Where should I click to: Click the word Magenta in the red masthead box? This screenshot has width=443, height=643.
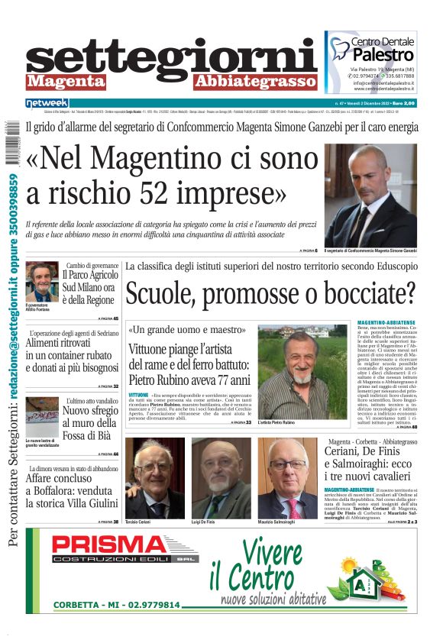point(66,81)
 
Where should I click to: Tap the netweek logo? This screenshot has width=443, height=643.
point(47,102)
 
